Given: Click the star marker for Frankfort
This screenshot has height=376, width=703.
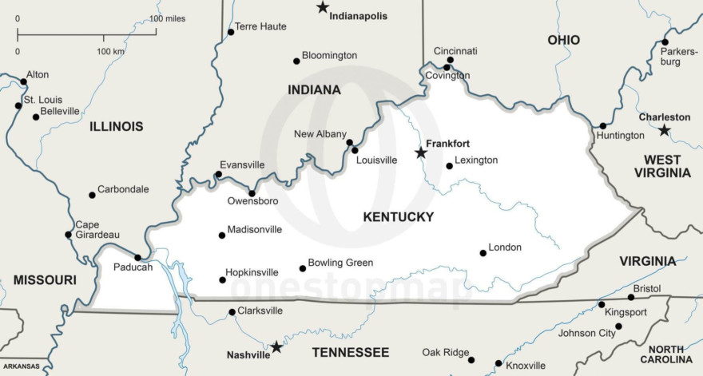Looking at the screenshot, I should (420, 152).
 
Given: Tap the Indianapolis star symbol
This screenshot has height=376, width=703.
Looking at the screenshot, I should (322, 7).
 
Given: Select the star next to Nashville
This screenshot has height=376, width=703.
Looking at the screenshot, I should (276, 347).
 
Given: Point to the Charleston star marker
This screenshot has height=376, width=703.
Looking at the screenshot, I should (664, 130).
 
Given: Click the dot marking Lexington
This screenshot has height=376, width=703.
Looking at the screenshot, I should (449, 166).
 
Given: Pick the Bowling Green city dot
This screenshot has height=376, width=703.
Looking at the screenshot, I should (302, 268).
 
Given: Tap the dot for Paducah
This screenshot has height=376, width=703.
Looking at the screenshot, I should (137, 257).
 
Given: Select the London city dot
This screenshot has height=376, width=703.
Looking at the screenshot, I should (483, 253).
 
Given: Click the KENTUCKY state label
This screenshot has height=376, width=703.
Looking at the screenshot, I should (398, 217).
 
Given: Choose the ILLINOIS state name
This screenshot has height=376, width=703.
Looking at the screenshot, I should (117, 126).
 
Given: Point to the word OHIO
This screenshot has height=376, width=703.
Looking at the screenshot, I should (563, 40).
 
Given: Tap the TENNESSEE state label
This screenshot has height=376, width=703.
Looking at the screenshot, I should (350, 352).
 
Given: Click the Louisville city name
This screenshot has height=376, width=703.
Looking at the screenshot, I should (376, 160).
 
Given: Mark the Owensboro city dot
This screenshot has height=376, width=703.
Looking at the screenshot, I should (252, 193).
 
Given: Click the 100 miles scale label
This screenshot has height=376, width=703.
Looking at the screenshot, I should (167, 18).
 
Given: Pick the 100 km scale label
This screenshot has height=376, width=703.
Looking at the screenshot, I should (110, 51).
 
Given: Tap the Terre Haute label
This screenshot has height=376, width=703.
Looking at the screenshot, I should (260, 26).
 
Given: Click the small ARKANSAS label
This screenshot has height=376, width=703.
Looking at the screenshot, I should (20, 366).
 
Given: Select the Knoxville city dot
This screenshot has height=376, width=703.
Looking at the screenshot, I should (498, 363).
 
